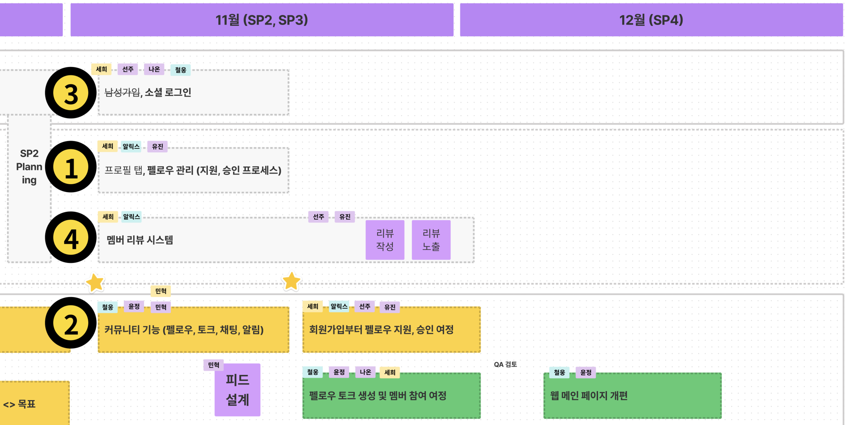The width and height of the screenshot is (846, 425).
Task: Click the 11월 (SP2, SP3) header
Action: [x=262, y=20]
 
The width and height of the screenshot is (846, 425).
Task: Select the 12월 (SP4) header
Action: [x=651, y=20]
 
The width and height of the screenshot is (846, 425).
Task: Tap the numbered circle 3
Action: [x=71, y=93]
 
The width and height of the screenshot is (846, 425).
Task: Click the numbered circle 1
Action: [x=71, y=167]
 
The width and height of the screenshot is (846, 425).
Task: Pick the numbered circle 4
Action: [x=71, y=238]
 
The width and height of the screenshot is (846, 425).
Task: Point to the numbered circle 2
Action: [x=71, y=323]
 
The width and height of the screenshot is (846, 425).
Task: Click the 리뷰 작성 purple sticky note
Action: [x=385, y=240]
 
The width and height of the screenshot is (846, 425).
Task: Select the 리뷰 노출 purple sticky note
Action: [x=431, y=240]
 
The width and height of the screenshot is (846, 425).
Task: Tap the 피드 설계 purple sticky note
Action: [x=237, y=390]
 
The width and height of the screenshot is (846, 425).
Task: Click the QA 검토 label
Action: [x=505, y=364]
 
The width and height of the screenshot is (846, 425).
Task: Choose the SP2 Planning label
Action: [x=29, y=167]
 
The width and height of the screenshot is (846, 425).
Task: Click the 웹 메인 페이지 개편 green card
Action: [x=632, y=396]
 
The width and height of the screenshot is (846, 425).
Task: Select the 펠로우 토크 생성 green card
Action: [x=391, y=396]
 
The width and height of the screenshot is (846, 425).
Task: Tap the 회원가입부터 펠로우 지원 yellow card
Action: [x=391, y=330]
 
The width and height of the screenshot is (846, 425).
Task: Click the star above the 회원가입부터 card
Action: [x=291, y=281]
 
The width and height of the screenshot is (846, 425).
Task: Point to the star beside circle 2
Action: [x=95, y=283]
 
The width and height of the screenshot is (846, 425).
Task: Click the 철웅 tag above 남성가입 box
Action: [x=180, y=70]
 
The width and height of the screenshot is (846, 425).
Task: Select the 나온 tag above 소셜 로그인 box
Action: [x=154, y=69]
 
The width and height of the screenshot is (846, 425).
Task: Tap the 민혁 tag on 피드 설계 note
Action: [x=214, y=365]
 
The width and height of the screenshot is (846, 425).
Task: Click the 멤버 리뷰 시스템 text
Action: [x=140, y=240]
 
